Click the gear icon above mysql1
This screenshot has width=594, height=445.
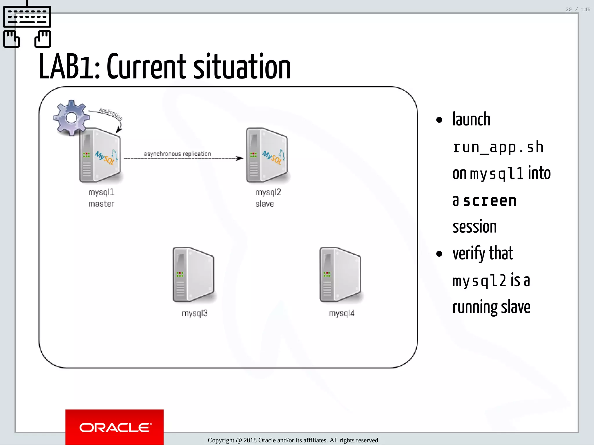(x=71, y=118)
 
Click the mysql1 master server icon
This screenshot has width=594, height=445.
(x=100, y=155)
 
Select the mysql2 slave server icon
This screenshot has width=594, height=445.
(x=267, y=155)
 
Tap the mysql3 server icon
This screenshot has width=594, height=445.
(x=193, y=275)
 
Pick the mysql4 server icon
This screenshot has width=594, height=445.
(x=340, y=275)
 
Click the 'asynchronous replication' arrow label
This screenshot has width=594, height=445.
(x=177, y=154)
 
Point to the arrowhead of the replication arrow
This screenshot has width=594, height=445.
(x=240, y=158)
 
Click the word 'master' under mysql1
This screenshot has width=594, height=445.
(x=101, y=204)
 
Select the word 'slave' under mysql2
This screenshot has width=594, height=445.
(x=265, y=204)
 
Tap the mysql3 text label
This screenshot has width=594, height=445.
(x=195, y=313)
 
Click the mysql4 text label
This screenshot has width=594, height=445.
(x=342, y=313)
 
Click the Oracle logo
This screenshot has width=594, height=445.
(x=115, y=427)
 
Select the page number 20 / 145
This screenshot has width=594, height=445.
(x=577, y=10)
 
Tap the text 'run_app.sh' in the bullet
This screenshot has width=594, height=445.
(x=498, y=147)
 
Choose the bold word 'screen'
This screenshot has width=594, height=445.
(x=490, y=201)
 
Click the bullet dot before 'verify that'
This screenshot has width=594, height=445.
(x=439, y=254)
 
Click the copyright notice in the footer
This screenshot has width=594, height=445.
(x=294, y=440)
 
